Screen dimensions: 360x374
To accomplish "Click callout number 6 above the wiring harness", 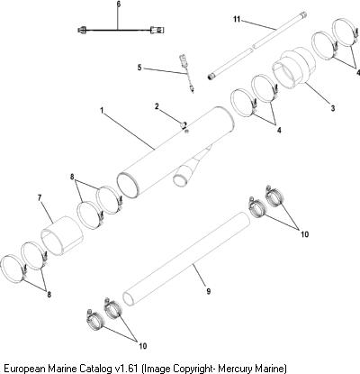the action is pos(118,5).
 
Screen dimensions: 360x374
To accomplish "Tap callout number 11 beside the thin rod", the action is pos(237,19).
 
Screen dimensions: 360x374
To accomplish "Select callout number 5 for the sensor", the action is pos(139,68).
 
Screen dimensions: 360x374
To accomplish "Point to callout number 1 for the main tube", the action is pos(102,111).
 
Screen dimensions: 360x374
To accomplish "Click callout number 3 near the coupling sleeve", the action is pos(333,108).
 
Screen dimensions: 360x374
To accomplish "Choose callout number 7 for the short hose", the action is pos(40,197).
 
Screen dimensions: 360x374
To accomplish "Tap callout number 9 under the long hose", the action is pos(209,291).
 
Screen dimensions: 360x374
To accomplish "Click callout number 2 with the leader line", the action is pos(157,106).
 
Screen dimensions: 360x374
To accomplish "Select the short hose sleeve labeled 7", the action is pos(62,235).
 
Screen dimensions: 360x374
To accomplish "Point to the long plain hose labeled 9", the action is pos(186,259).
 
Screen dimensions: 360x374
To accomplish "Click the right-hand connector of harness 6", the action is pos(157,30).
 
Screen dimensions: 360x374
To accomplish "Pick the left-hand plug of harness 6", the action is pos(82,30).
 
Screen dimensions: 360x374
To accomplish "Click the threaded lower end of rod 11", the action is pos(211,77).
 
